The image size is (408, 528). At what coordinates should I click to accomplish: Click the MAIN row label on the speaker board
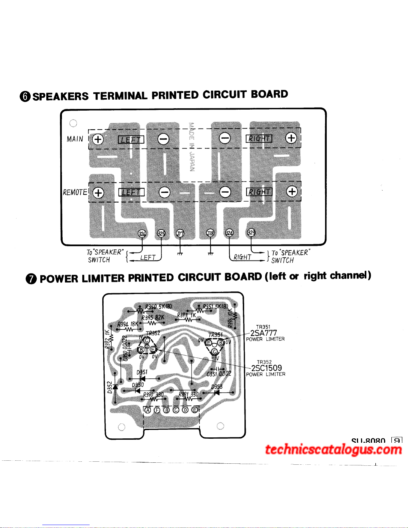75,139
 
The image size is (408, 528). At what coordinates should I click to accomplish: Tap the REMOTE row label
75,192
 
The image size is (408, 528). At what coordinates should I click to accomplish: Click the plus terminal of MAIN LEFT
98,139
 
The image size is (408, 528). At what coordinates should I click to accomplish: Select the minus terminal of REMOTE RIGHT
225,192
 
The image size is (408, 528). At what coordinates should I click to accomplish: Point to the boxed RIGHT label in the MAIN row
259,138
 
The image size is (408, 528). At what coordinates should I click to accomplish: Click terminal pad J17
180,233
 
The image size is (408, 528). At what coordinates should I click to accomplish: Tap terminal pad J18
210,233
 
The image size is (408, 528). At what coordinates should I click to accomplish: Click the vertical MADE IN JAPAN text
192,147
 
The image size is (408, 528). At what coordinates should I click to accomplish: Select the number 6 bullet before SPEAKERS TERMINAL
25,96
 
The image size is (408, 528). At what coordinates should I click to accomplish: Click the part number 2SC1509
266,368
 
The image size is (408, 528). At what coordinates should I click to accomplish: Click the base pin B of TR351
220,342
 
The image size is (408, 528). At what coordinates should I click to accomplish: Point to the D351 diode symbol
142,378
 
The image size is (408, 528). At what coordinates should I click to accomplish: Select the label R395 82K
153,317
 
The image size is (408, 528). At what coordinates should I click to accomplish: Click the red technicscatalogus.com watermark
333,450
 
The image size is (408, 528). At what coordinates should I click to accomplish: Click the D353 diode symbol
217,392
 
